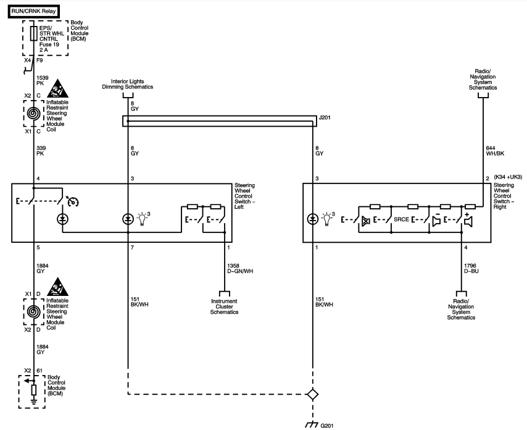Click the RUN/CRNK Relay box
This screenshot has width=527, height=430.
tap(33, 11)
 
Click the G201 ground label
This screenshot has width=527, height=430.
tap(326, 426)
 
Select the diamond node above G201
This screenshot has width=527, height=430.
tap(313, 394)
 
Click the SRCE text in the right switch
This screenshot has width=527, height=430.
tap(401, 219)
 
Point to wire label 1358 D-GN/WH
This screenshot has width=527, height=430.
tap(240, 269)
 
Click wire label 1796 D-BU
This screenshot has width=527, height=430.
tap(471, 269)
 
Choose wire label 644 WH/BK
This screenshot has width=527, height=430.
tap(495, 151)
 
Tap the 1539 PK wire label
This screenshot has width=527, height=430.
tap(43, 80)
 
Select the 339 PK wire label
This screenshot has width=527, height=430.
tap(41, 151)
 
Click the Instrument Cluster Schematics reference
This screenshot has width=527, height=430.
tap(224, 306)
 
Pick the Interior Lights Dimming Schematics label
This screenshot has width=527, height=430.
tap(127, 84)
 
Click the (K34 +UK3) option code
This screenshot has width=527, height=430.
tap(508, 177)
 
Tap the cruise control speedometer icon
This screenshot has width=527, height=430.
tap(73, 201)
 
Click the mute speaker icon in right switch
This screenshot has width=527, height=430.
tap(366, 221)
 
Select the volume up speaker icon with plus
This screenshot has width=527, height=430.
tap(468, 220)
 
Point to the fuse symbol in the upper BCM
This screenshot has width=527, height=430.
tap(33, 33)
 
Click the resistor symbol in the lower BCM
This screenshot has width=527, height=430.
tap(33, 390)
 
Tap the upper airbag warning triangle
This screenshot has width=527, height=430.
tap(57, 88)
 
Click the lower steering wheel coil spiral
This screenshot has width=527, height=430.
tap(33, 312)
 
